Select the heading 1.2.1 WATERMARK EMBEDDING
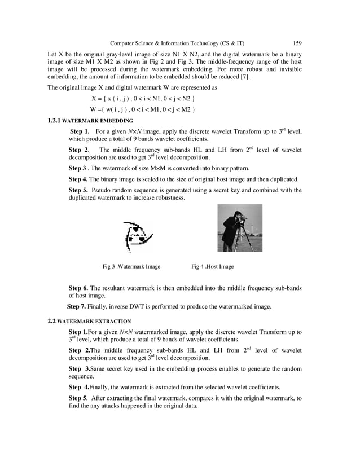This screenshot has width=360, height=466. click(x=90, y=121)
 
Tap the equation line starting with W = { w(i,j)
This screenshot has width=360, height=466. click(x=143, y=109)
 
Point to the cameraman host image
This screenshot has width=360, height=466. click(x=240, y=228)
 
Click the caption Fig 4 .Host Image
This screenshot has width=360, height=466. click(x=212, y=266)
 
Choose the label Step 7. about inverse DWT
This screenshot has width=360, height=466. click(x=77, y=307)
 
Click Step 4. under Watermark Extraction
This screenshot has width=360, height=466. click(x=78, y=387)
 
